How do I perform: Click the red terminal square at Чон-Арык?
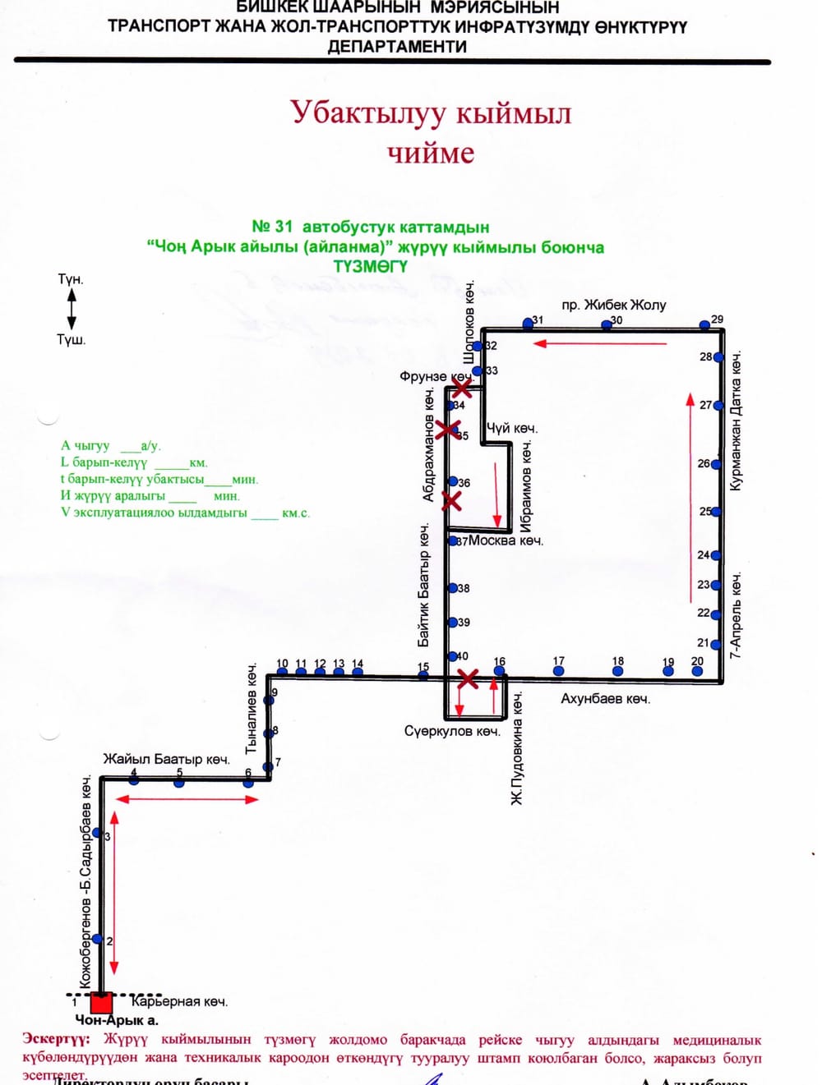101,1002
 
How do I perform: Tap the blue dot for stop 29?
704,325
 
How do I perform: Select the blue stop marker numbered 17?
559,671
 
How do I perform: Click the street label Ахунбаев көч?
605,699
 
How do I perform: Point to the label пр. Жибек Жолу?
613,305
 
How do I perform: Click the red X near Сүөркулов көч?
468,678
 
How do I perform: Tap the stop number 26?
704,463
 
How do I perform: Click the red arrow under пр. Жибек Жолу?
600,343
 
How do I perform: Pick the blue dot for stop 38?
452,588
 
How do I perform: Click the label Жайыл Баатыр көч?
166,759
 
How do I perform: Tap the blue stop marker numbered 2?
98,939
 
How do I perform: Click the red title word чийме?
431,153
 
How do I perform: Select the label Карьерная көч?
179,1001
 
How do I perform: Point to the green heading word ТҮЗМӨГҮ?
370,267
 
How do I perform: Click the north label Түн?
71,279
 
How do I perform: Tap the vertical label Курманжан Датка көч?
736,421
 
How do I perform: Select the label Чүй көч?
511,428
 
